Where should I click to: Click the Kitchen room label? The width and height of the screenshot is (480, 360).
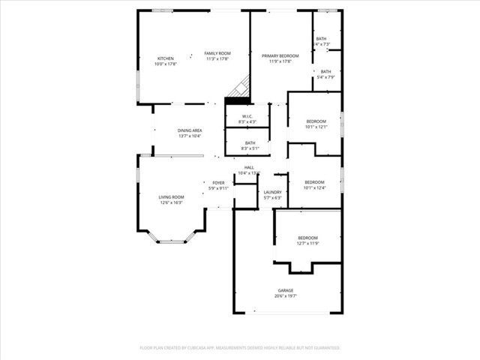(165, 58)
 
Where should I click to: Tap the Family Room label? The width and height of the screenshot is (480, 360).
(219, 53)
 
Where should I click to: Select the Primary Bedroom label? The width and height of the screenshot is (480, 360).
(280, 56)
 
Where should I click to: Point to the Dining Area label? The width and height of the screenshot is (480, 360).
(189, 130)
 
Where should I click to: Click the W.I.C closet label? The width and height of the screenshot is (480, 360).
(247, 116)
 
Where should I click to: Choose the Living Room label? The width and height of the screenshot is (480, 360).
(171, 196)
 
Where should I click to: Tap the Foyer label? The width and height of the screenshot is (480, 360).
(218, 183)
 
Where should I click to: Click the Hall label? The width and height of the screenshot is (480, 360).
(248, 167)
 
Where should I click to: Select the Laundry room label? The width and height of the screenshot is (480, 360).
(272, 192)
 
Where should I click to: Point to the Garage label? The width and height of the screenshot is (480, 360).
(285, 290)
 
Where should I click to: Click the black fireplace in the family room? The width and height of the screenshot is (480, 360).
(238, 92)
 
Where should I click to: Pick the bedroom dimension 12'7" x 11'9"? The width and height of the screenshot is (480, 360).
(308, 244)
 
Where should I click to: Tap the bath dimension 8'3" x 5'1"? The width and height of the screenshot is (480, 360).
(249, 148)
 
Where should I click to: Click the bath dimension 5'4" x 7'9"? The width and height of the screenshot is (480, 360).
(325, 77)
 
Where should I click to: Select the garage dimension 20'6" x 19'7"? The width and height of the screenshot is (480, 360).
(285, 296)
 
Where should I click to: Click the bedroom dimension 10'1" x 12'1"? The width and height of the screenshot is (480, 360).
(316, 127)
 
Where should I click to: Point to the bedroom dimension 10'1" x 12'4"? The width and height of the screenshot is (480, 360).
(314, 188)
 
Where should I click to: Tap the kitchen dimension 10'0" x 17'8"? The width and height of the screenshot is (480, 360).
(165, 64)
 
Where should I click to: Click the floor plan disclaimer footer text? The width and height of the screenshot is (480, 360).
(240, 348)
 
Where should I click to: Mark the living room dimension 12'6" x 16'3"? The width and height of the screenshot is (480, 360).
(171, 202)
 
